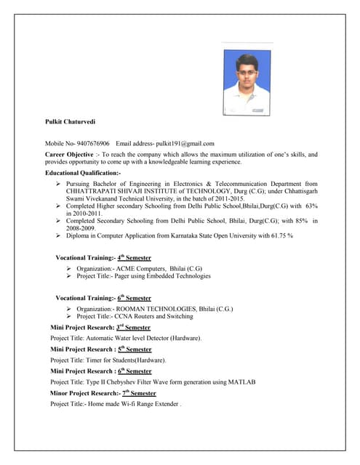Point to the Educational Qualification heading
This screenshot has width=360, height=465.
(82, 174)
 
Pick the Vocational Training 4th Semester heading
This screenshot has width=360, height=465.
(103, 258)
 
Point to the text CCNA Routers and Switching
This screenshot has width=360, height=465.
(156, 316)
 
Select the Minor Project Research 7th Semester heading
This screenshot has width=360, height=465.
(100, 393)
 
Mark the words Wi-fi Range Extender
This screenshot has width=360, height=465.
(150, 404)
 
